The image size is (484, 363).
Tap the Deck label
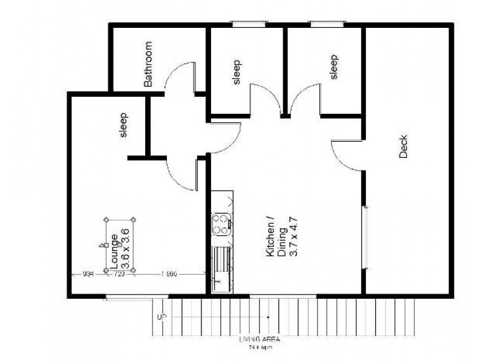404,146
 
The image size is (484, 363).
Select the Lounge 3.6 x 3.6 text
119,245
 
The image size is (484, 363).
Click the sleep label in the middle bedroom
237,71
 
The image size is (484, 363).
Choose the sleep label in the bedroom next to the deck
333,67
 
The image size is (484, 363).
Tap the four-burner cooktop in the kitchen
222,224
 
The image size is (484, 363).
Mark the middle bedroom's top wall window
249,24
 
